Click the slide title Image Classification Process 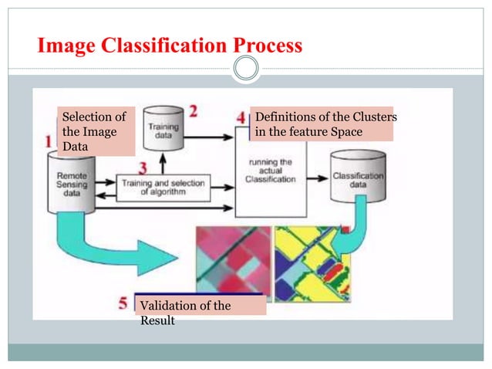170,46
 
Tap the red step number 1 49,140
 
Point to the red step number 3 143,168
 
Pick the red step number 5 124,301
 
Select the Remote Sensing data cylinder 72,182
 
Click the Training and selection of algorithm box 163,188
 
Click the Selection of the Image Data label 93,131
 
